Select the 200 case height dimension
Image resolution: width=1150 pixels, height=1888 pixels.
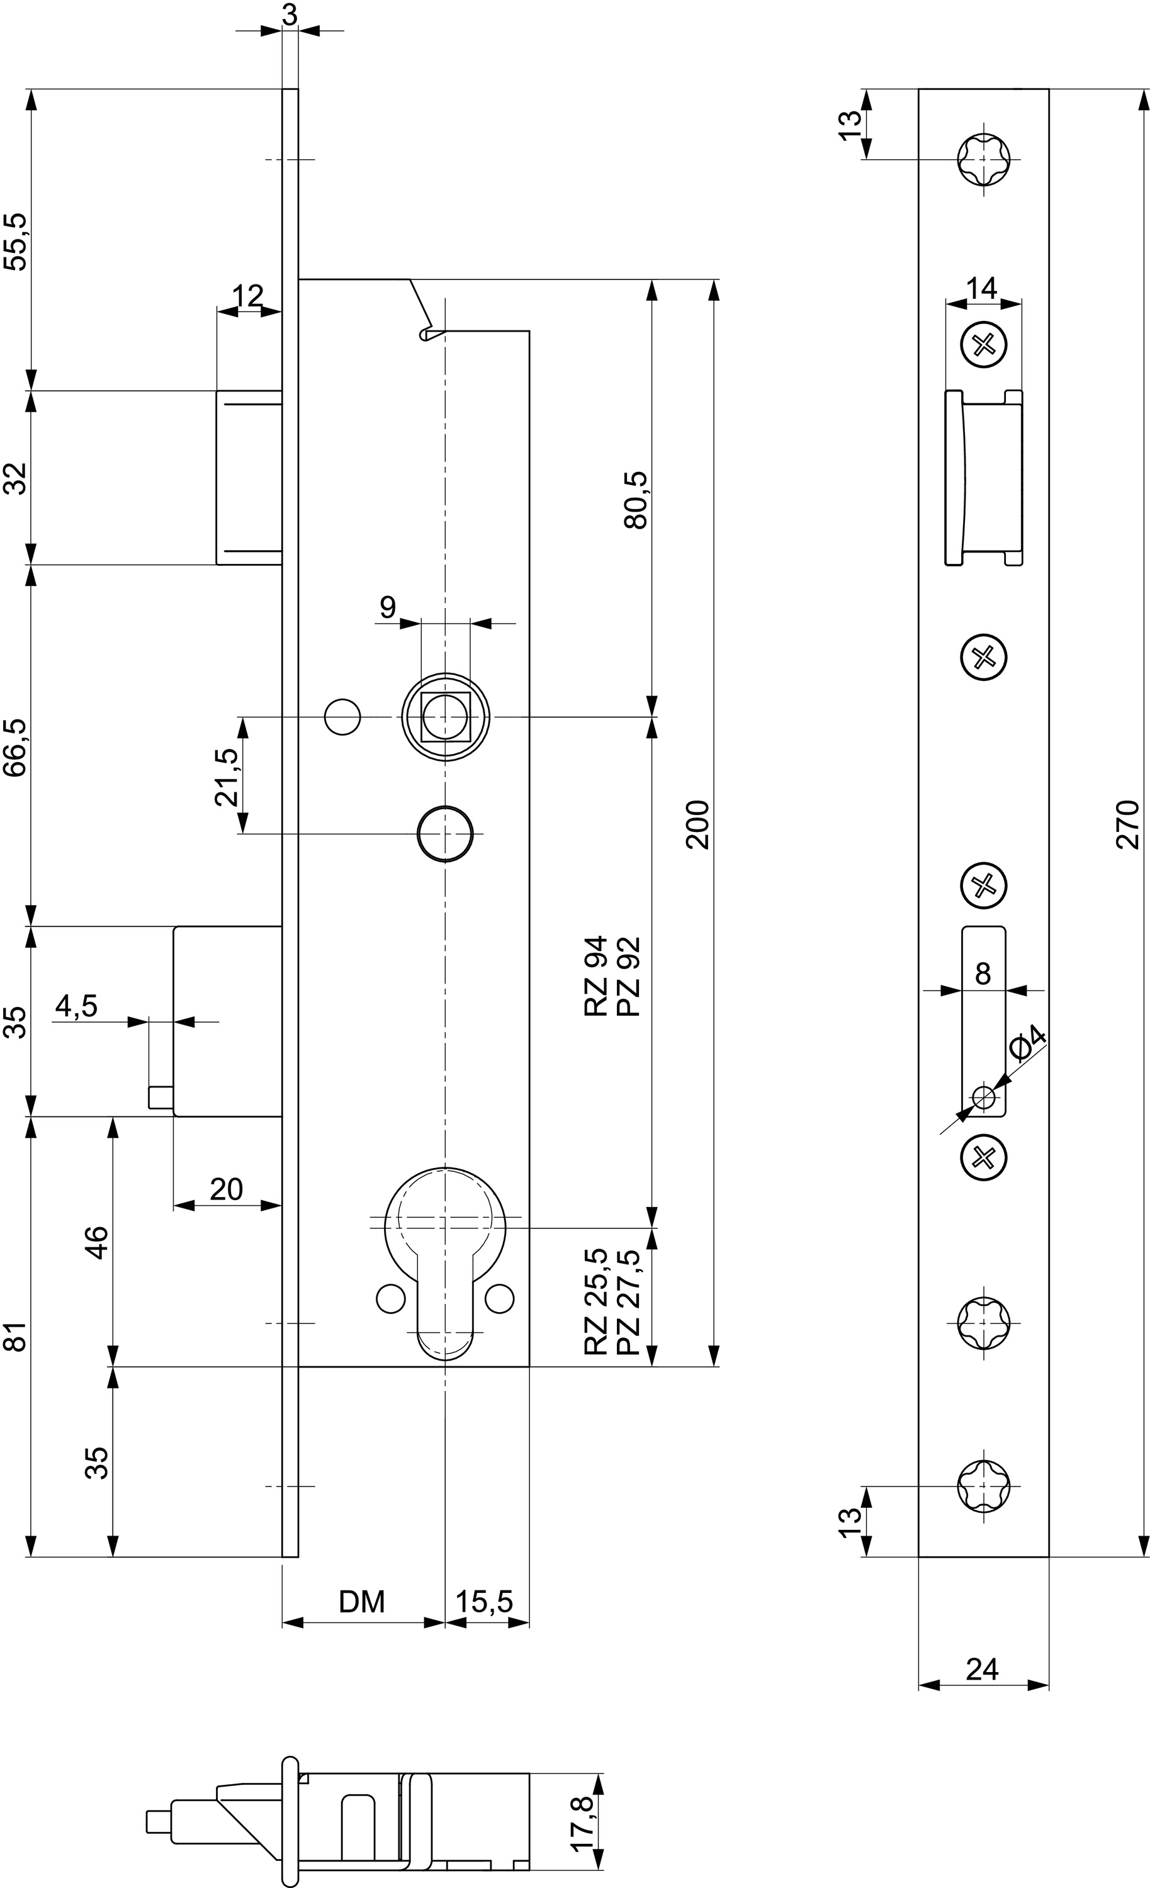pyautogui.click(x=699, y=824)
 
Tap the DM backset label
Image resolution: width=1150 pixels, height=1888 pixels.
pyautogui.click(x=362, y=1602)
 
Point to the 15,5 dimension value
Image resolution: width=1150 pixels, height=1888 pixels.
pyautogui.click(x=484, y=1602)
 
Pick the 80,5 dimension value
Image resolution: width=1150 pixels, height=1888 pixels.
pyautogui.click(x=636, y=500)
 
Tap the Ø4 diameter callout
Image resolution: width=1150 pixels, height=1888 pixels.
pyautogui.click(x=1027, y=1043)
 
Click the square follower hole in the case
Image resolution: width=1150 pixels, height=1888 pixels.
pyautogui.click(x=445, y=716)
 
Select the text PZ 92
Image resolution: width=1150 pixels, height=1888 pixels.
pyautogui.click(x=628, y=976)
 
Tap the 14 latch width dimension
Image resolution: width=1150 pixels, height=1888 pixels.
pyautogui.click(x=981, y=289)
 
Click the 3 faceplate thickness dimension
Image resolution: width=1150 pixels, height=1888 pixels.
pyautogui.click(x=290, y=15)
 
